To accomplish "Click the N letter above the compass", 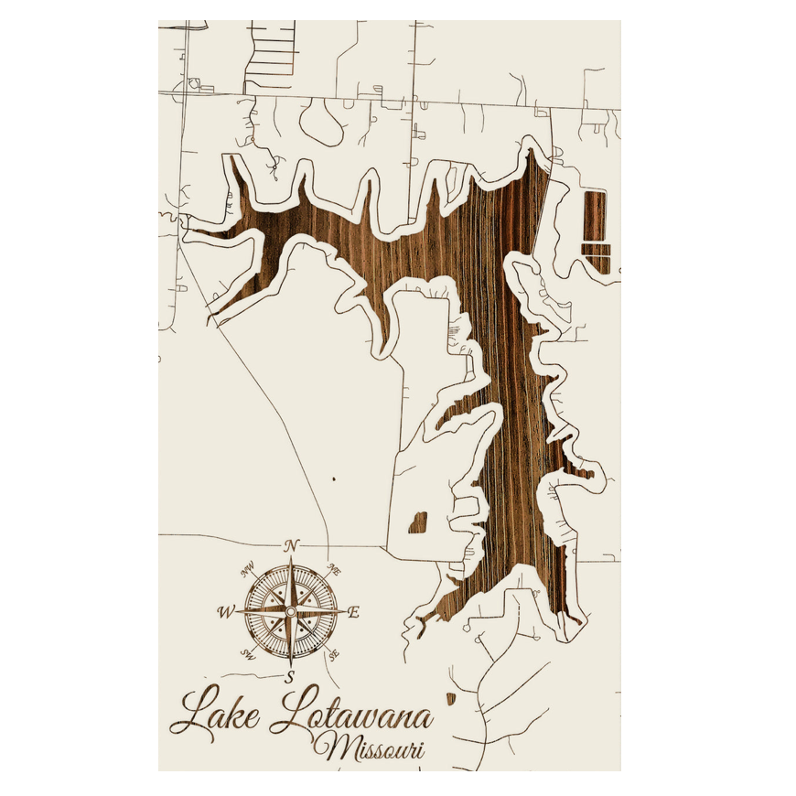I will click(292, 545).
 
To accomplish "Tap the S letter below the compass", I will click(290, 677).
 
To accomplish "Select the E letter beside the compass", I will click(354, 613).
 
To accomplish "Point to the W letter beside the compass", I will click(225, 611).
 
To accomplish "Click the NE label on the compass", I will click(335, 569).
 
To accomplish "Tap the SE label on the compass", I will click(334, 652).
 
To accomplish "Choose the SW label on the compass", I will click(247, 653).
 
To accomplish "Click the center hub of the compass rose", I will click(291, 610).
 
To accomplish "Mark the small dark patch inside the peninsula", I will click(417, 523).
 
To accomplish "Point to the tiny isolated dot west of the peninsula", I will click(334, 478).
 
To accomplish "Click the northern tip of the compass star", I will click(291, 558).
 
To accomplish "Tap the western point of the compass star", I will click(239, 611).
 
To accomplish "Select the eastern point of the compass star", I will click(344, 610).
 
